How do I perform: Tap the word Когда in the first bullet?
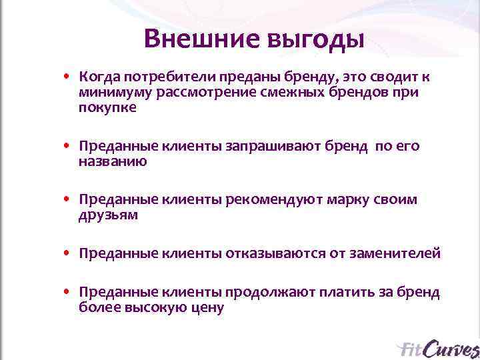(x=98, y=77)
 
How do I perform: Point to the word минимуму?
(x=115, y=93)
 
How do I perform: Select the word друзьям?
(x=108, y=215)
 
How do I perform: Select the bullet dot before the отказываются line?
(x=68, y=254)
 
